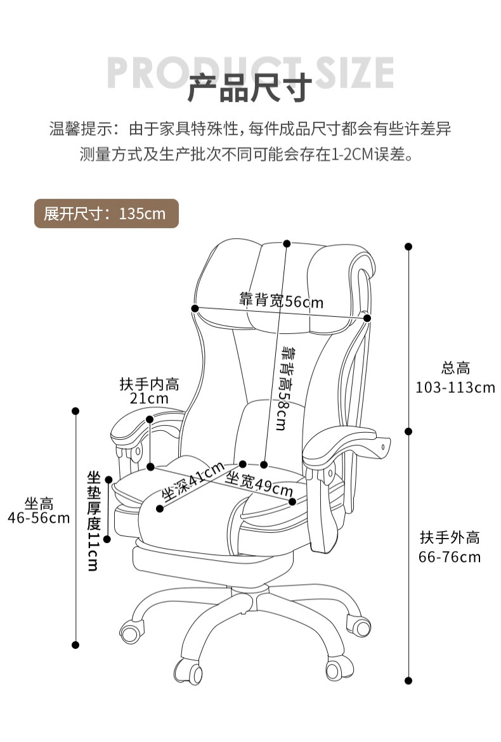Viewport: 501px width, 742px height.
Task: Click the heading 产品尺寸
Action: tap(250, 88)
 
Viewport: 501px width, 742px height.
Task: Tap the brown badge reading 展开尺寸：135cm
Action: tap(106, 214)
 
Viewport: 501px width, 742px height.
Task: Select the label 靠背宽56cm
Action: tap(281, 300)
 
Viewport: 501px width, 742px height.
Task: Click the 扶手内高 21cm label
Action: tap(149, 391)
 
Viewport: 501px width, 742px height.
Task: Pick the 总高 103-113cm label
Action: tap(455, 378)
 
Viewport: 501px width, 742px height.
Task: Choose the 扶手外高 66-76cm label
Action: tap(450, 547)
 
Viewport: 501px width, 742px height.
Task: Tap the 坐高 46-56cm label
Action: tap(39, 511)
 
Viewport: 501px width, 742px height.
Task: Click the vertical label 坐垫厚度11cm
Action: tap(94, 520)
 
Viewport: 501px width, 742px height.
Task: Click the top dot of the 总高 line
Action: tap(408, 246)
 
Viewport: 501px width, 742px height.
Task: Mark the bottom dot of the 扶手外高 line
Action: tap(408, 681)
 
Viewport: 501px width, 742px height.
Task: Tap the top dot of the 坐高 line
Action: tap(76, 411)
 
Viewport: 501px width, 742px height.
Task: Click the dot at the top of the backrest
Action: tap(287, 243)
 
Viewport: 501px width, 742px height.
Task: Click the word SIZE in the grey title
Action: tap(355, 72)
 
